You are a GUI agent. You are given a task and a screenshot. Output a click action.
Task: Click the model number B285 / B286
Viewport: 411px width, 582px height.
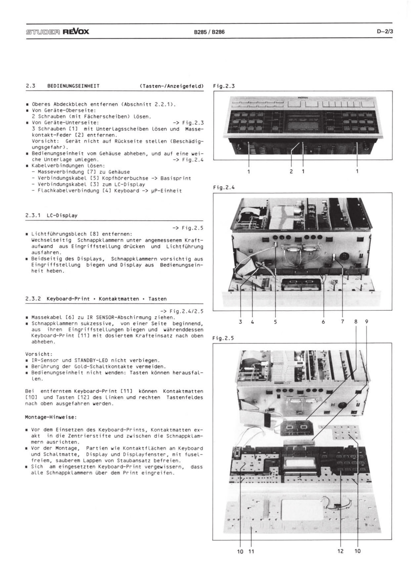click(209, 32)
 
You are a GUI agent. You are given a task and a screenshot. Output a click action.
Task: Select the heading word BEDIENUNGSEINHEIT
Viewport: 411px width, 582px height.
click(73, 86)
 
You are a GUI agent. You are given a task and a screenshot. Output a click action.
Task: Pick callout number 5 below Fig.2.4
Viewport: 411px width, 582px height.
click(275, 322)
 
